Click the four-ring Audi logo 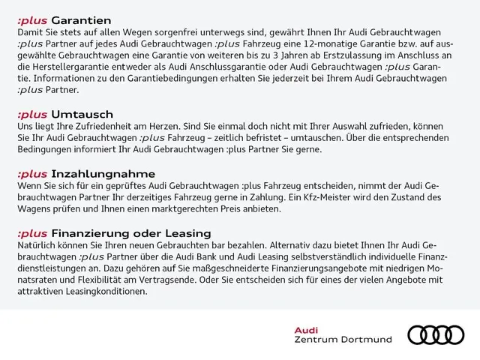tap(435, 334)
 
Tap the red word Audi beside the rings tap(306, 329)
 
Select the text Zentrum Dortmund tap(343, 340)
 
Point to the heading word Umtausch tap(82, 114)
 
